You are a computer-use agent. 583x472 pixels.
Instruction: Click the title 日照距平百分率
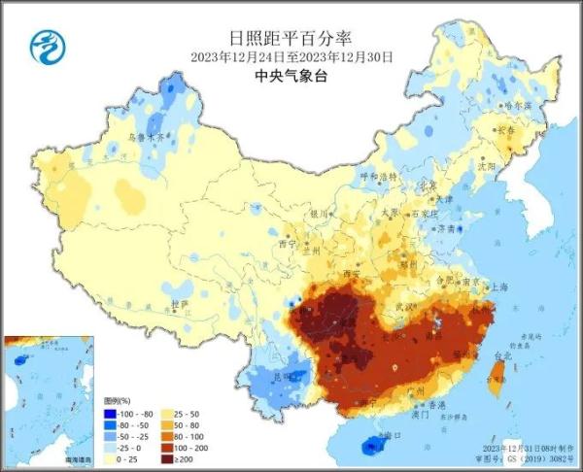click(x=291, y=39)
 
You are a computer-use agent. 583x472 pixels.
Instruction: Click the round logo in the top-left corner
click(x=45, y=44)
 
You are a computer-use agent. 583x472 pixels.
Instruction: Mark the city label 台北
click(x=502, y=357)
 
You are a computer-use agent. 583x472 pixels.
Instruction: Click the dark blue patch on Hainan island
click(x=372, y=446)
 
